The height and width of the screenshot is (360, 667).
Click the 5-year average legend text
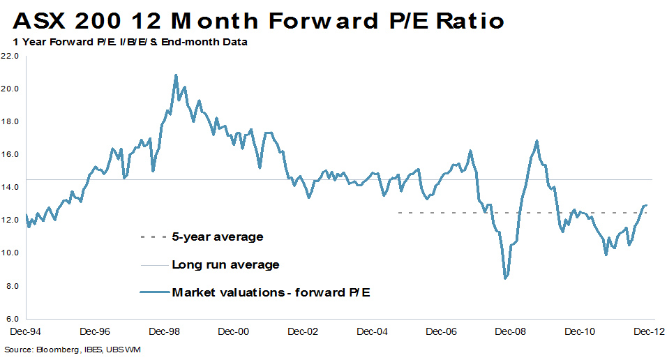click(x=217, y=237)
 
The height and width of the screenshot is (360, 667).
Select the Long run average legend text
click(x=225, y=265)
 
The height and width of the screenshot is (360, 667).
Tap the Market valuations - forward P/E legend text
click(x=271, y=292)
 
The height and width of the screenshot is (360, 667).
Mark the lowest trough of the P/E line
click(x=505, y=278)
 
